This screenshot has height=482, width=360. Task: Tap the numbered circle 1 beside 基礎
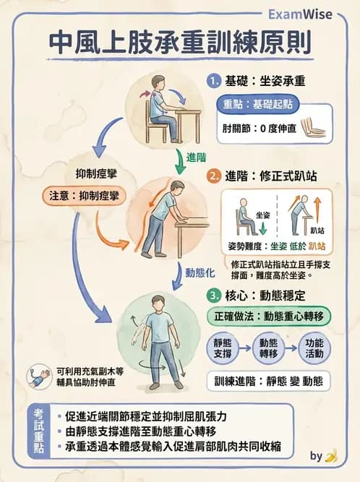pos(214,80)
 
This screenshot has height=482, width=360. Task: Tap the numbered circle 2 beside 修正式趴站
pos(214,176)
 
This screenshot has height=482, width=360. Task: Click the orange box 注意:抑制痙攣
pos(85,196)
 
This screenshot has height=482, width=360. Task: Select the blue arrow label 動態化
pos(200,272)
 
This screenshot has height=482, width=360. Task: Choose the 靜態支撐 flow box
pos(223,350)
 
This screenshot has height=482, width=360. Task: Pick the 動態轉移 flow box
pos(269,350)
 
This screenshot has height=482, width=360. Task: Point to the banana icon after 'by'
pos(331,456)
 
